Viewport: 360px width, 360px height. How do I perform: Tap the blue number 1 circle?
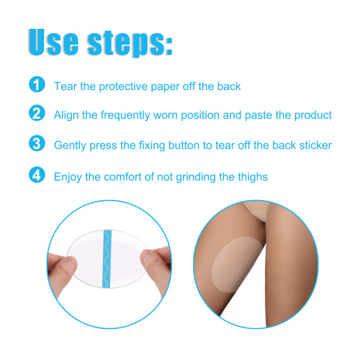coord(36,86)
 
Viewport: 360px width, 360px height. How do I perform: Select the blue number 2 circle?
coord(36,114)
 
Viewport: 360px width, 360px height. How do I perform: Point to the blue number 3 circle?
coord(36,144)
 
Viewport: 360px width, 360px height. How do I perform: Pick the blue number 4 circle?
coord(36,175)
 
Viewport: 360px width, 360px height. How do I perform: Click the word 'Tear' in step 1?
coord(66,86)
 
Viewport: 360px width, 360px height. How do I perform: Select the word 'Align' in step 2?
coord(67,115)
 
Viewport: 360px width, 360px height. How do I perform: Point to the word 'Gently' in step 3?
coord(71,145)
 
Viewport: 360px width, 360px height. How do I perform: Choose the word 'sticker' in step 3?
coord(314,145)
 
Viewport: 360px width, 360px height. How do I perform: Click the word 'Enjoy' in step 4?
coord(68,176)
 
